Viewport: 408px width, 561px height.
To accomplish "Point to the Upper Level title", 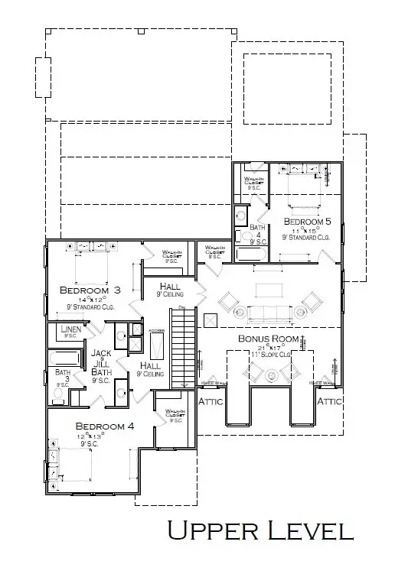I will click(x=259, y=530).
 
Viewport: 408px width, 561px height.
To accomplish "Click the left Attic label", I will click(x=211, y=400).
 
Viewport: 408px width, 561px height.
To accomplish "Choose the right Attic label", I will click(x=330, y=400).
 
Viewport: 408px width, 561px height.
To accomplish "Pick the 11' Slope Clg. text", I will click(x=269, y=355).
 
